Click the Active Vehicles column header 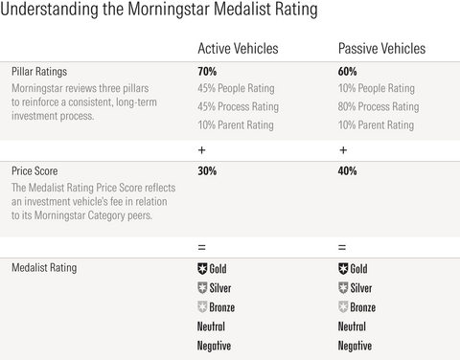tap(238, 49)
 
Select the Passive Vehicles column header tap(381, 49)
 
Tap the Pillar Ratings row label tap(41, 72)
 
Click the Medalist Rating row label tap(45, 268)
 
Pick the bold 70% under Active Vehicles tap(207, 72)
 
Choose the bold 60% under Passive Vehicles tap(349, 72)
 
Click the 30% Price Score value tap(207, 171)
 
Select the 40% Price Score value tap(349, 171)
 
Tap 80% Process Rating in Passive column tap(379, 107)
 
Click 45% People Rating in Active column tap(236, 89)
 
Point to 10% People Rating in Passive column tap(377, 89)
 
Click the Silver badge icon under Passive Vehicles tap(344, 288)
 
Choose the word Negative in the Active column tap(215, 346)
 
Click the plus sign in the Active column tap(201, 149)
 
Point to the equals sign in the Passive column tap(343, 246)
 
